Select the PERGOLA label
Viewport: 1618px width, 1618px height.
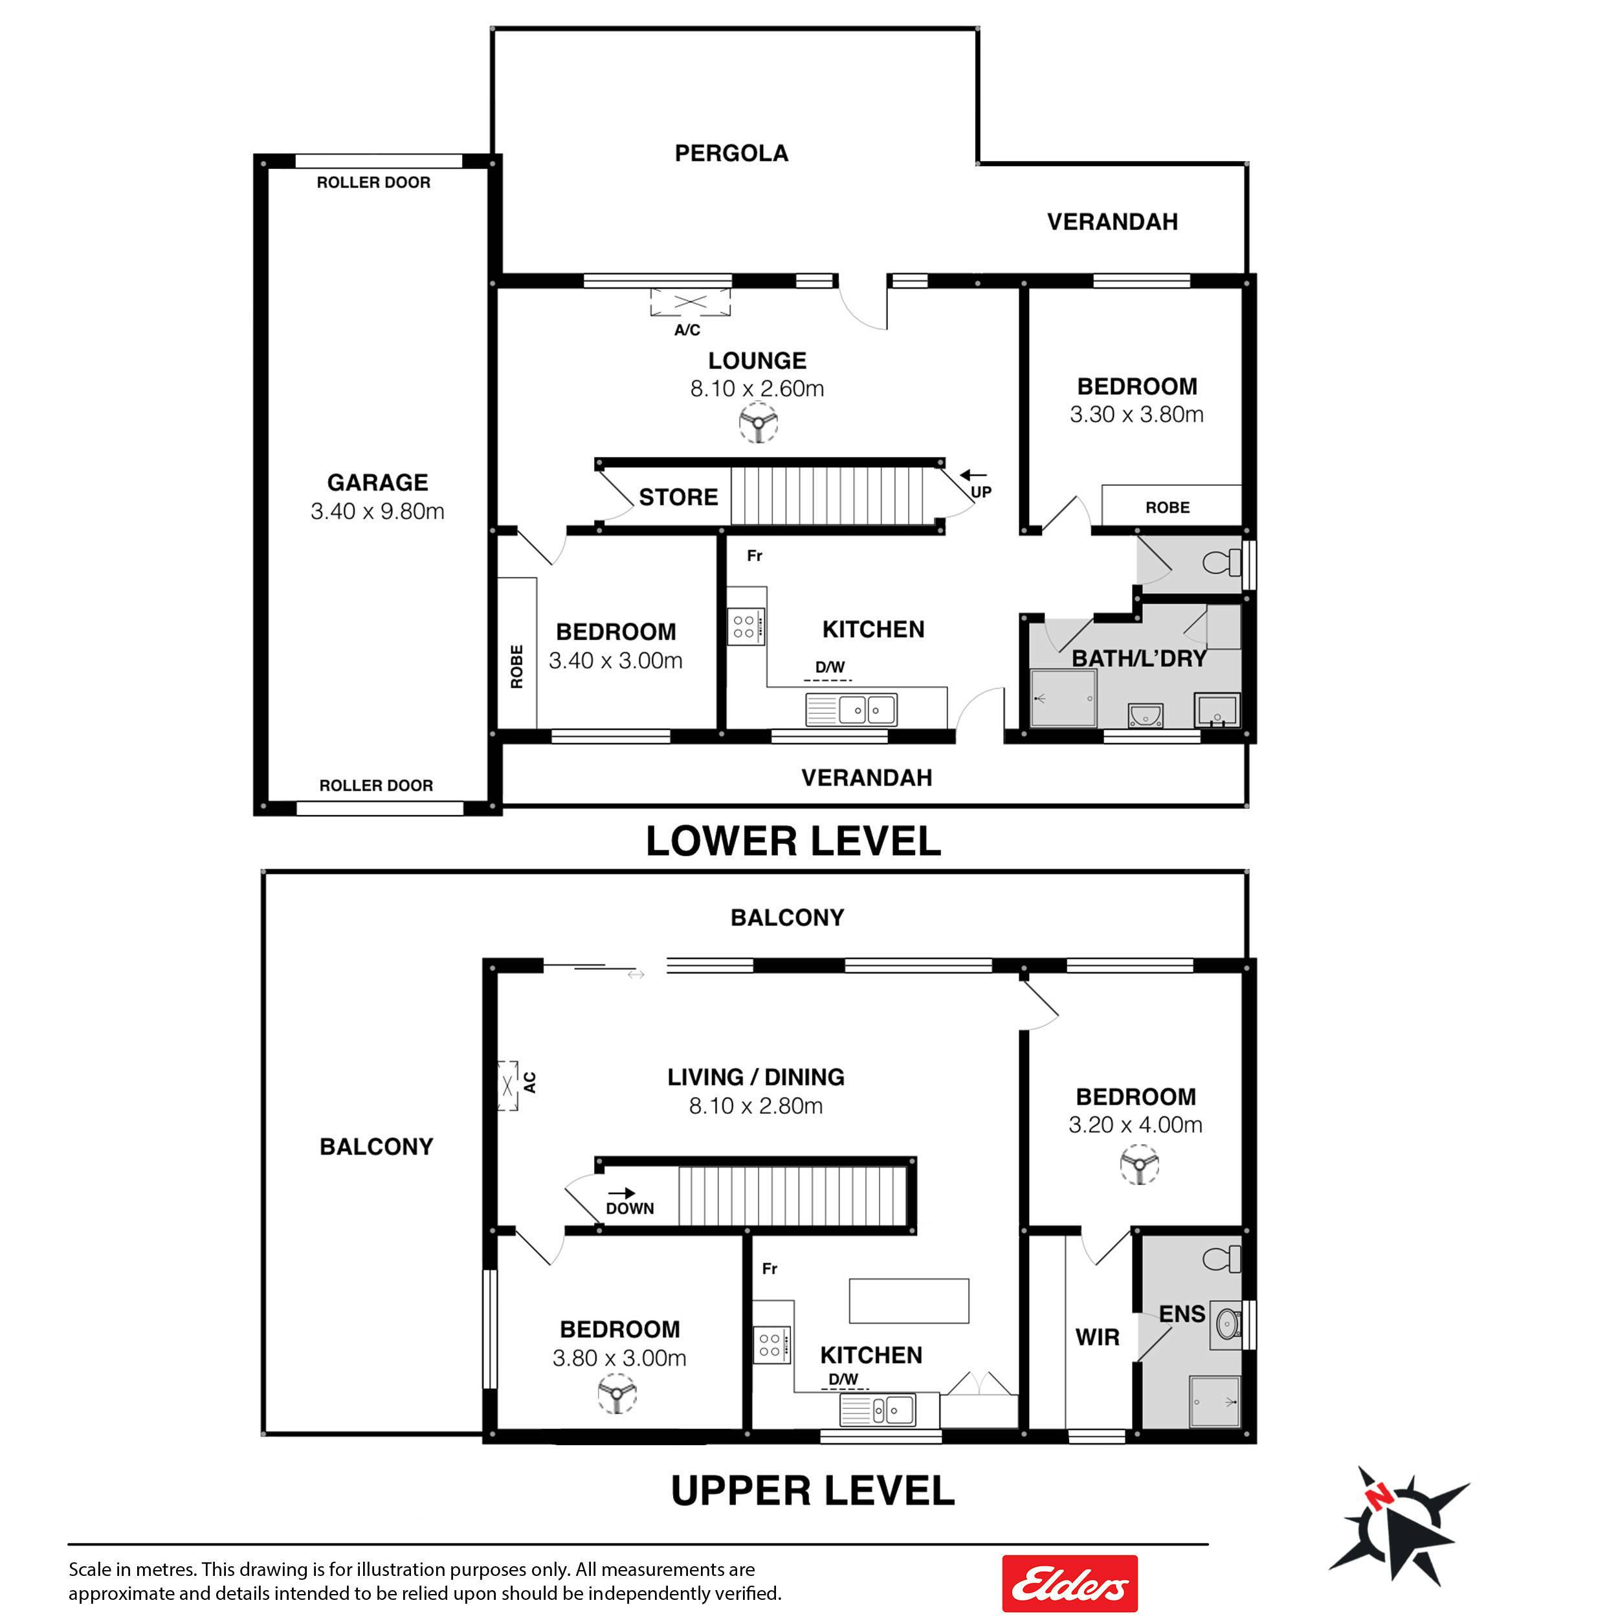731,153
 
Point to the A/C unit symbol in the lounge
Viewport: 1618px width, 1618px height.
690,302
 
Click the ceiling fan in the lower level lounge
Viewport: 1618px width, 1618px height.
758,423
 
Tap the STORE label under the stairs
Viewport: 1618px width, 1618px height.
678,498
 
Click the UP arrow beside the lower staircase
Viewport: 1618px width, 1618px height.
973,476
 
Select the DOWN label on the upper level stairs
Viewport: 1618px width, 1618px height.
630,1208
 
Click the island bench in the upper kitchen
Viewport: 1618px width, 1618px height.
909,1301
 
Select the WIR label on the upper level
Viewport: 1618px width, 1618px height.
1097,1338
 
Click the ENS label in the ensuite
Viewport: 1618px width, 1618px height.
1182,1314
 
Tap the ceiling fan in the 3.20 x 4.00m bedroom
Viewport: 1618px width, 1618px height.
1139,1164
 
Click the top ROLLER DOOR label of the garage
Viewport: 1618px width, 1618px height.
373,183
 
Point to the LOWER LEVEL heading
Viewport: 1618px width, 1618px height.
793,841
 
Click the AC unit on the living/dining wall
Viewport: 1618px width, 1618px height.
507,1085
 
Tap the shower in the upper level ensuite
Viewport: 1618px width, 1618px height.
1214,1402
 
